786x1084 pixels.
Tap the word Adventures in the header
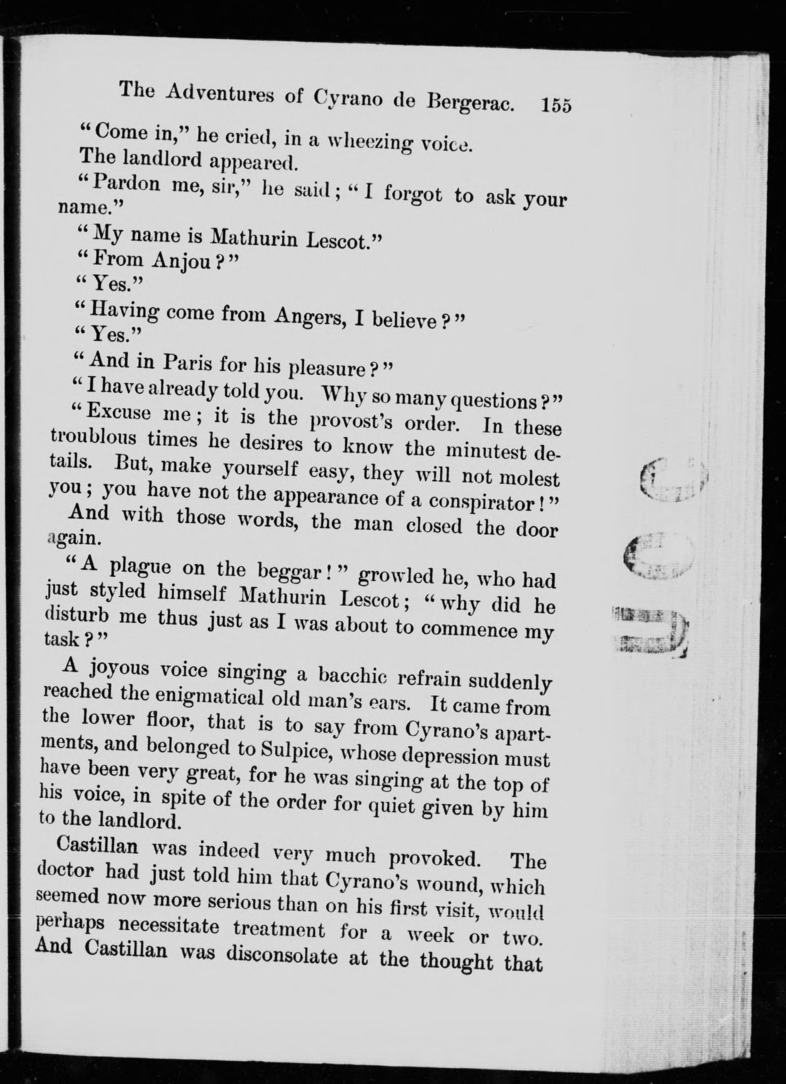pos(219,93)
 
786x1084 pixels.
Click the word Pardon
pos(127,183)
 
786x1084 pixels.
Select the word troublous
pos(94,438)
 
